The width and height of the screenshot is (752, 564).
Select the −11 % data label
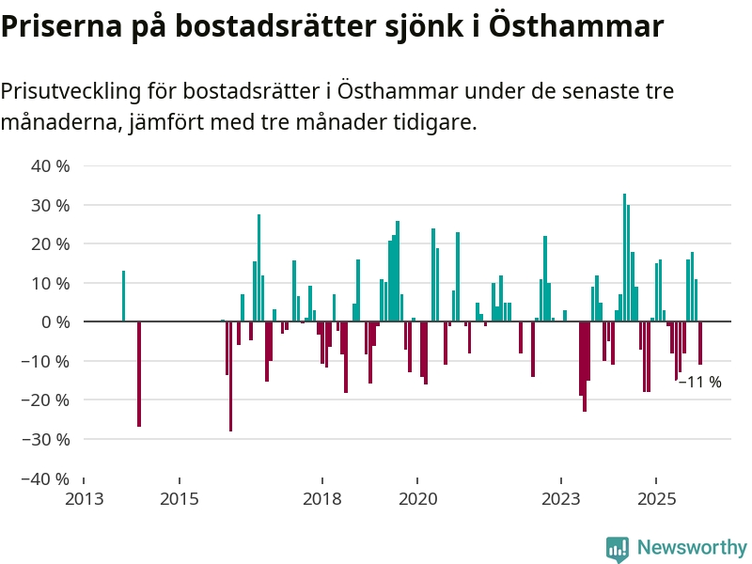(x=700, y=382)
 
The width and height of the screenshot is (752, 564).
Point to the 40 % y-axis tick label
(x=52, y=166)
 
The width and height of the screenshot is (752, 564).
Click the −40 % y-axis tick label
(x=47, y=478)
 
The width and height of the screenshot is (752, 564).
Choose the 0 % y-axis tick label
(x=55, y=322)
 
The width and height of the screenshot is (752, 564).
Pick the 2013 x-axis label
(x=84, y=498)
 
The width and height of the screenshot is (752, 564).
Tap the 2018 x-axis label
(x=322, y=498)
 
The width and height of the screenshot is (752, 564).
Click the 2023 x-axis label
(x=561, y=498)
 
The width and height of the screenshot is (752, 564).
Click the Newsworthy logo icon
(x=618, y=548)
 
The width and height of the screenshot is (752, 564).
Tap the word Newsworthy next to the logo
(x=692, y=547)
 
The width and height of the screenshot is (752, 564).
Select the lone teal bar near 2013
(x=123, y=296)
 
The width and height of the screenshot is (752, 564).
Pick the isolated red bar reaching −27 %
(x=139, y=374)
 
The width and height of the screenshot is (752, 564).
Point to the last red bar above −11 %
(x=700, y=343)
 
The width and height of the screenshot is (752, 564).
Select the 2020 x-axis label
(x=418, y=498)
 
